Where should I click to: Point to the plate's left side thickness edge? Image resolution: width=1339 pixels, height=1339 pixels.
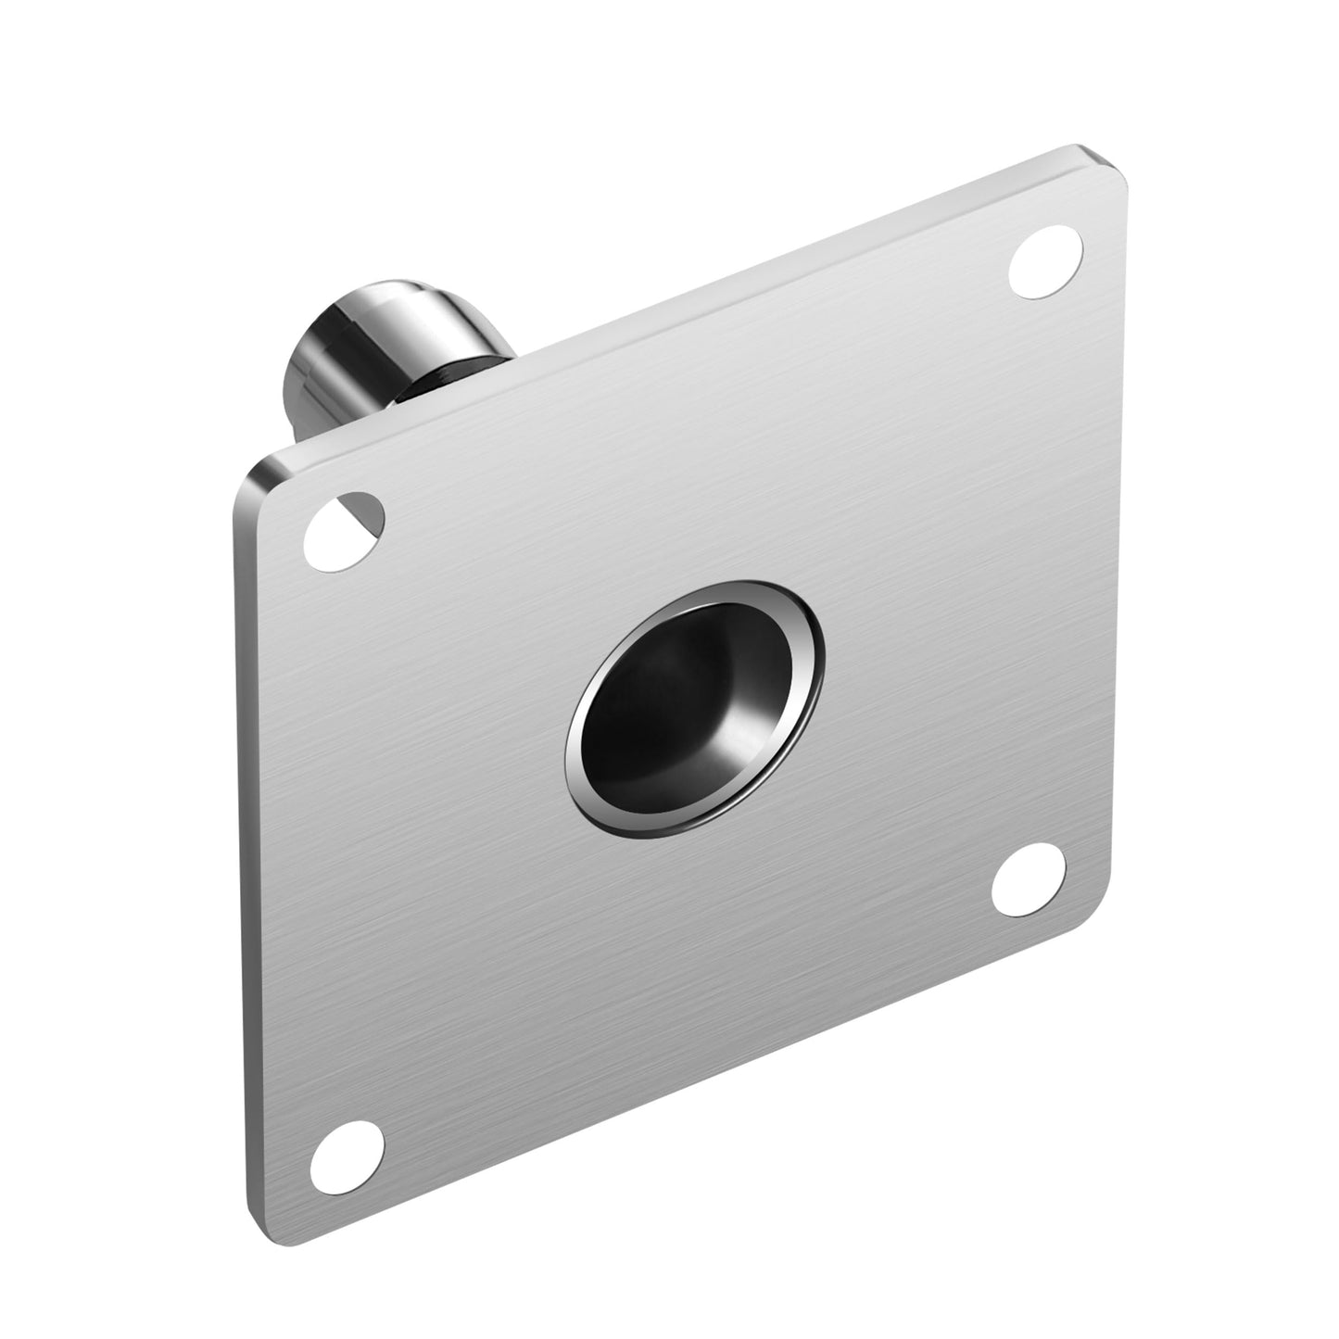[232, 834]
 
